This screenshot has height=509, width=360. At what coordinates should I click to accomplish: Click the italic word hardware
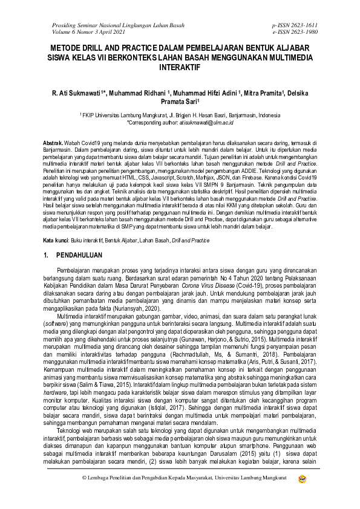pos(53,375)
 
